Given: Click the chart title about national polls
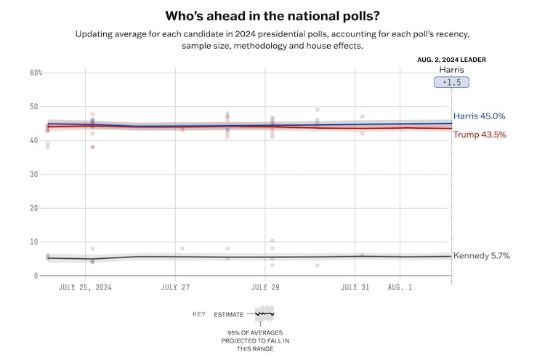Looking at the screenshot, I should click(x=272, y=15).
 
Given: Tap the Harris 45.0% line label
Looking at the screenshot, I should click(x=479, y=116).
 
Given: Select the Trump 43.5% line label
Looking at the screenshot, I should click(x=480, y=135).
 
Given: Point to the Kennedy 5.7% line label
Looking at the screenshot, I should click(x=481, y=256).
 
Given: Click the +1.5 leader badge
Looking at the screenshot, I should click(x=451, y=83).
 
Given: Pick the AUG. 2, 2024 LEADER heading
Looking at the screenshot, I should click(x=451, y=60).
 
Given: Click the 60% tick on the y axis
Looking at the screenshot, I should click(x=36, y=73).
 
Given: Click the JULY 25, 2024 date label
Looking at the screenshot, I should click(x=85, y=287).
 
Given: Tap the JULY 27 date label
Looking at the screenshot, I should click(x=175, y=287).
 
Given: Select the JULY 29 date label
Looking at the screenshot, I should click(x=265, y=287).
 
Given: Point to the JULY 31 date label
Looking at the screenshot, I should click(x=355, y=287).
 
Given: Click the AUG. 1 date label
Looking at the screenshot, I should click(x=400, y=287).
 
